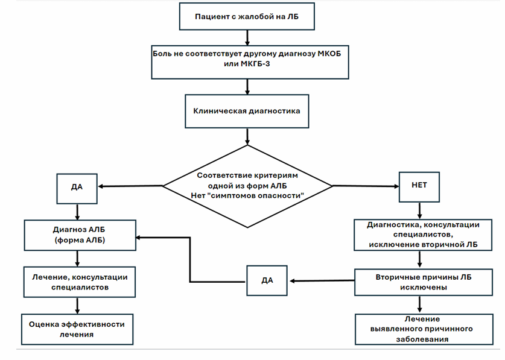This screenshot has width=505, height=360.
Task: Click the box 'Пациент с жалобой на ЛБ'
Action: tap(247, 16)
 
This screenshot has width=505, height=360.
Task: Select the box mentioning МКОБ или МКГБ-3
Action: tap(250, 62)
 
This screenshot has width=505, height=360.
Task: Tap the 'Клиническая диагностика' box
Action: tap(247, 111)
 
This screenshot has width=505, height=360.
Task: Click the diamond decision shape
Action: tap(247, 186)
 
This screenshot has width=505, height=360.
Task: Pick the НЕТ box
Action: tap(419, 187)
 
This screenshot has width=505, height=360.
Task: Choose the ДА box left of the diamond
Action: tap(77, 189)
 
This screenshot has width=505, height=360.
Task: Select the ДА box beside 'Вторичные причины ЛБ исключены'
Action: tap(267, 280)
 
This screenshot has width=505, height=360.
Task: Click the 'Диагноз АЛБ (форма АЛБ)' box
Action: tap(80, 235)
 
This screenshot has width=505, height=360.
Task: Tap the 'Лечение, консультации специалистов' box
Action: tap(79, 282)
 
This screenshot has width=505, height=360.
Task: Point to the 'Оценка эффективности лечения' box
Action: tap(77, 329)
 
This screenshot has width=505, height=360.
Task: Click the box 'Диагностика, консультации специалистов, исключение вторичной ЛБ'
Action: tap(423, 235)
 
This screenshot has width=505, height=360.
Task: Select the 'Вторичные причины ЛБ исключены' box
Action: tap(424, 282)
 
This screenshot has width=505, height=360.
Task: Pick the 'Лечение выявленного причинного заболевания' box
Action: tap(424, 329)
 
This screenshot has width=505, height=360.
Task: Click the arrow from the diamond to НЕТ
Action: tap(366, 186)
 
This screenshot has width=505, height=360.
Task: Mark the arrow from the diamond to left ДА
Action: tap(130, 186)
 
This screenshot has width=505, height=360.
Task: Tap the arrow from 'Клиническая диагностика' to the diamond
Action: tap(247, 136)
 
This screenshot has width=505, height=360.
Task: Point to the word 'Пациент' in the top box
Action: tap(212, 16)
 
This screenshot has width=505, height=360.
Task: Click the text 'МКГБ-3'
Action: tap(255, 64)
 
